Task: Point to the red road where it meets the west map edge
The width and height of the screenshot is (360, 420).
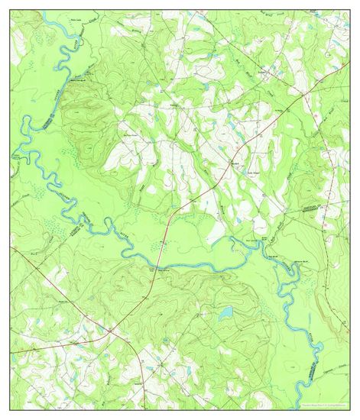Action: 11,247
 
